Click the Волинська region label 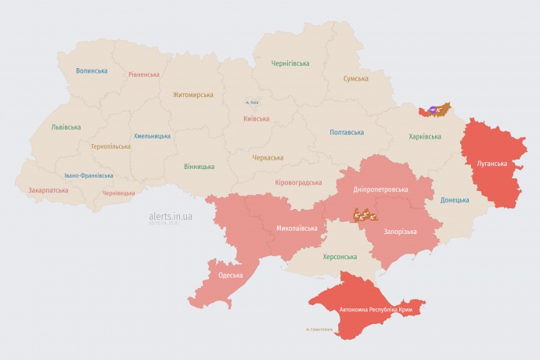point(92,70)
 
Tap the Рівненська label point(144,75)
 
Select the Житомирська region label point(193,95)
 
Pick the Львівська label point(66,127)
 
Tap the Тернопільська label point(112,146)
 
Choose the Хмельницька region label point(152,136)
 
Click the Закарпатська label point(48,190)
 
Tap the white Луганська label point(492,164)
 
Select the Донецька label point(455,200)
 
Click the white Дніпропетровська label point(380,190)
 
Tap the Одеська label point(230,275)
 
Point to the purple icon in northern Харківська point(433,109)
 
